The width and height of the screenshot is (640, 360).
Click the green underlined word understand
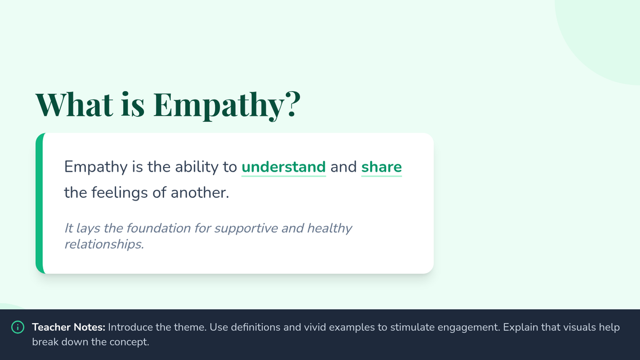(x=283, y=167)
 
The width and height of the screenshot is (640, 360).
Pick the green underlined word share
(x=381, y=167)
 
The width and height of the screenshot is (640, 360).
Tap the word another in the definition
(x=199, y=193)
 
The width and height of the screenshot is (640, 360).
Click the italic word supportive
(x=246, y=229)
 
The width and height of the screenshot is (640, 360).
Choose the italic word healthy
(x=330, y=229)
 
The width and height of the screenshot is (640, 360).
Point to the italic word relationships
(x=104, y=245)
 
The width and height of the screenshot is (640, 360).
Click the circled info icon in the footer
(x=18, y=327)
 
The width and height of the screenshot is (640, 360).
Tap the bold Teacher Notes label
(x=69, y=327)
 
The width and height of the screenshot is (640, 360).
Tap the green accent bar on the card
(x=39, y=203)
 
